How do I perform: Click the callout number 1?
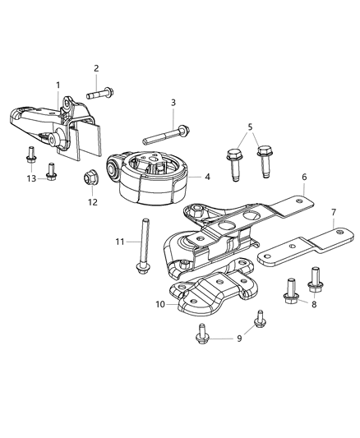pyautogui.click(x=58, y=85)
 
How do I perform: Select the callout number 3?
pyautogui.click(x=173, y=103)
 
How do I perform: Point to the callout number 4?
pyautogui.click(x=207, y=176)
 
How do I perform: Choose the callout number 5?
pyautogui.click(x=250, y=127)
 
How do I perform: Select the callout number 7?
pyautogui.click(x=334, y=212)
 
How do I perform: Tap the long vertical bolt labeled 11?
pyautogui.click(x=145, y=247)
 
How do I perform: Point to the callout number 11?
pyautogui.click(x=119, y=242)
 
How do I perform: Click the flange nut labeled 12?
pyautogui.click(x=91, y=178)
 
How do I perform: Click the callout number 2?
pyautogui.click(x=96, y=68)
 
